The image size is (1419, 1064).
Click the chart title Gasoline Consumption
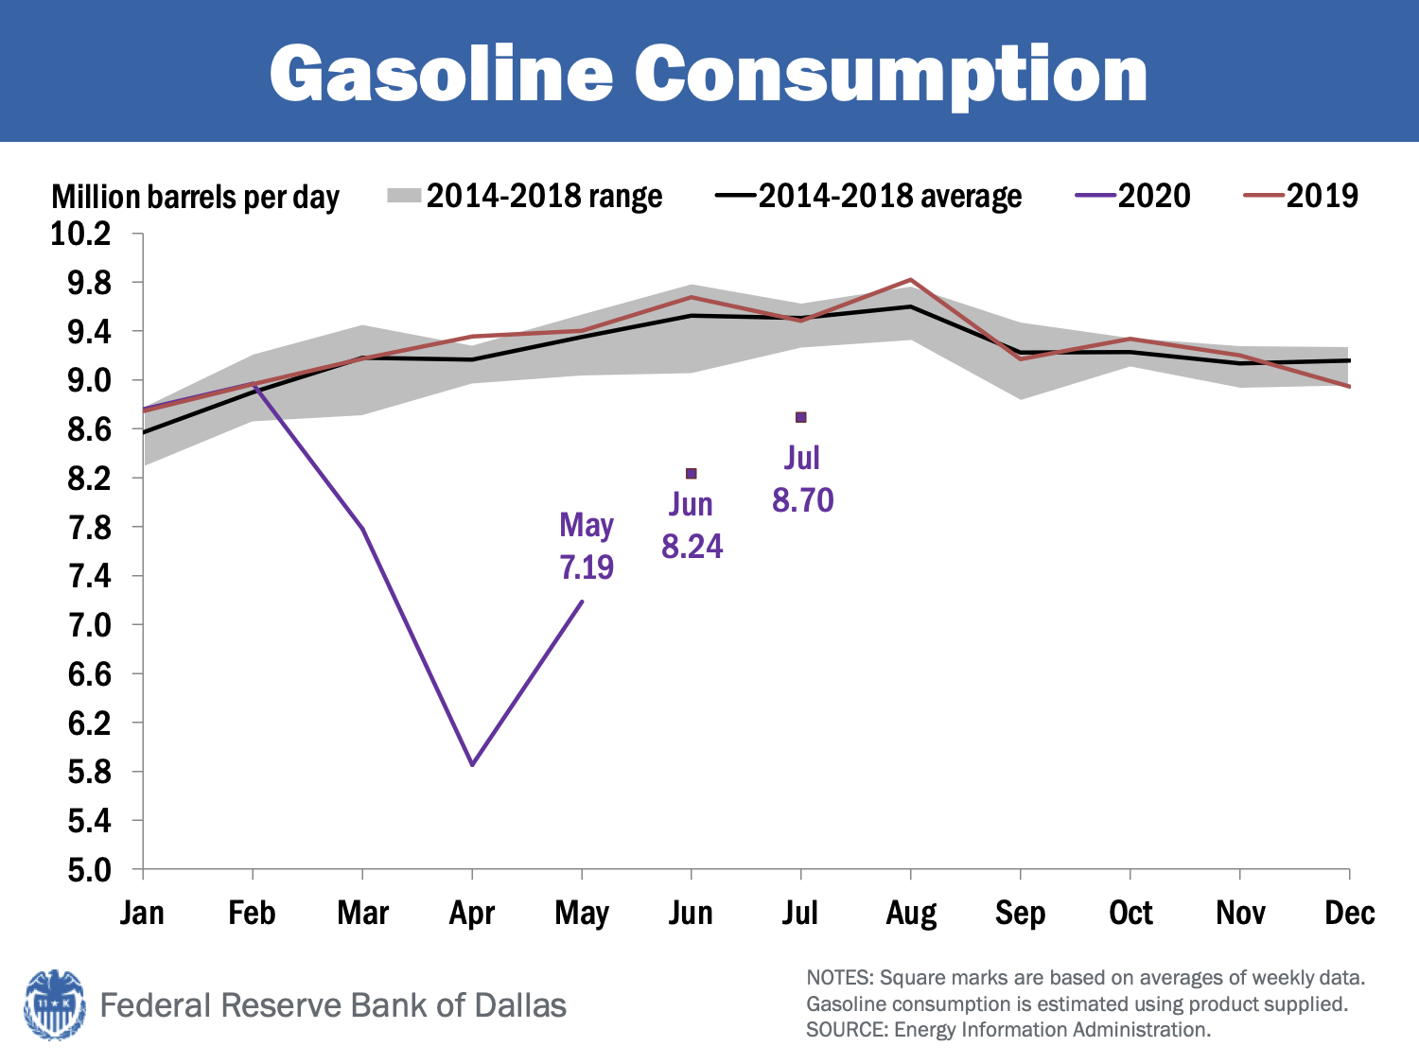click(709, 74)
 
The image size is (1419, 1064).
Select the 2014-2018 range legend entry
click(525, 196)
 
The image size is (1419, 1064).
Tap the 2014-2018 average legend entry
click(869, 196)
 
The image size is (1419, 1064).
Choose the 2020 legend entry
click(1133, 196)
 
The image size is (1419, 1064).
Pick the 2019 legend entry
click(1302, 196)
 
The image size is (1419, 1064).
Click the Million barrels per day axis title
click(195, 197)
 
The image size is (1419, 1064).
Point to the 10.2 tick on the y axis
click(80, 233)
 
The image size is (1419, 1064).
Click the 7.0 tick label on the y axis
click(89, 625)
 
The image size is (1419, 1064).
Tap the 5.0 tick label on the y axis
click(89, 869)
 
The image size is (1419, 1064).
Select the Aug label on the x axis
click(911, 914)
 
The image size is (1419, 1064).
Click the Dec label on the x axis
click(1349, 914)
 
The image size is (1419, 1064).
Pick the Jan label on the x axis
click(143, 914)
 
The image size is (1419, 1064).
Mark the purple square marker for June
click(692, 474)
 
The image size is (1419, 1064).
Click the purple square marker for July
click(801, 417)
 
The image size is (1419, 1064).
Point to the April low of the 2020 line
click(472, 764)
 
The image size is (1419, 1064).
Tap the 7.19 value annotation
click(587, 567)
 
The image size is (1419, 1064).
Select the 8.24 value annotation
click(692, 547)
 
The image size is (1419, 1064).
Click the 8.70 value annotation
click(803, 500)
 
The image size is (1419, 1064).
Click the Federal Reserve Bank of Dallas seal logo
click(54, 1004)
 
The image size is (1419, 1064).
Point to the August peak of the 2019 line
click(910, 280)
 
